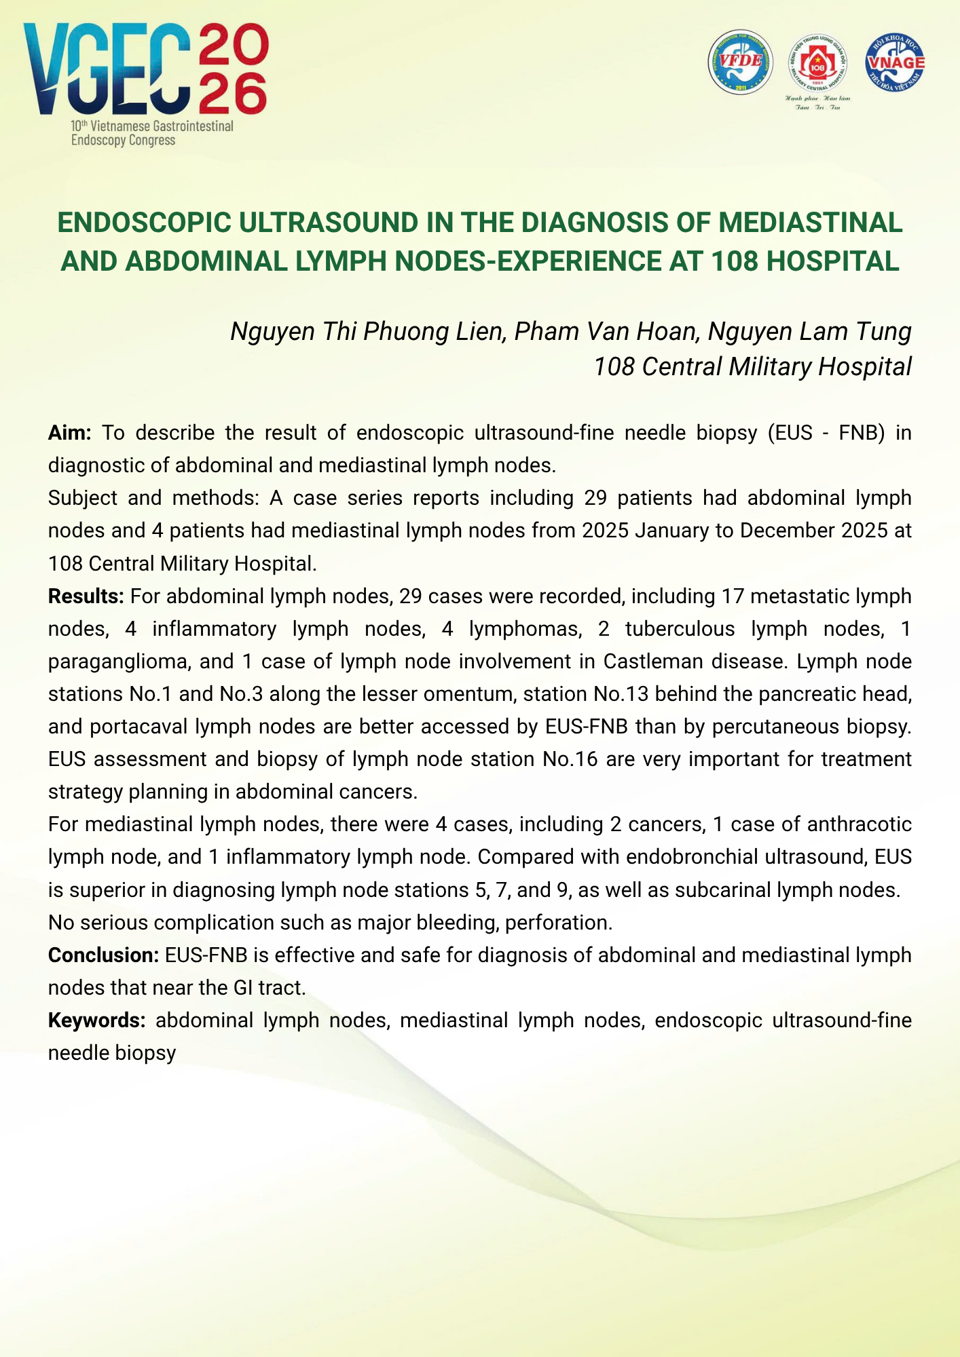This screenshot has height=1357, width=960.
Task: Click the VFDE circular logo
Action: click(x=741, y=62)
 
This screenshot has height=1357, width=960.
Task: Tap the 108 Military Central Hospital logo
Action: click(x=817, y=64)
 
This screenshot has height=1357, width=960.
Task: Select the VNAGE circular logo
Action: click(x=896, y=62)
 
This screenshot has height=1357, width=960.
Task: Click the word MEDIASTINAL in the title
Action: click(x=811, y=223)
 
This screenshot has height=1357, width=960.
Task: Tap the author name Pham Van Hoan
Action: click(x=606, y=331)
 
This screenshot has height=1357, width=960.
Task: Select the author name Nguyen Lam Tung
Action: click(x=809, y=331)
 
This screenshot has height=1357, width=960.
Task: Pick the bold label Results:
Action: click(x=86, y=596)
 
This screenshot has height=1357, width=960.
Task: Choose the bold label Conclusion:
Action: click(x=103, y=955)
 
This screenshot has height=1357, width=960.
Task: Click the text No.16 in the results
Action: click(x=570, y=759)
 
